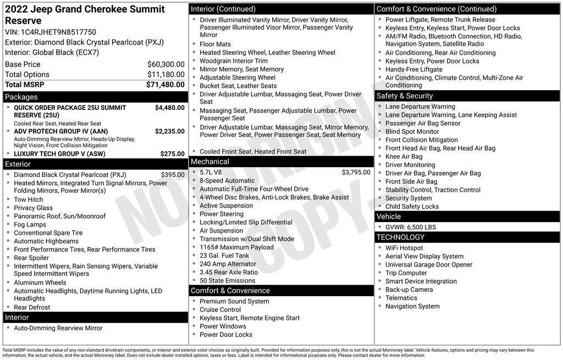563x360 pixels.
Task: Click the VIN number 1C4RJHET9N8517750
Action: [59, 32]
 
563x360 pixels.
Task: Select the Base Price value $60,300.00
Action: [165, 64]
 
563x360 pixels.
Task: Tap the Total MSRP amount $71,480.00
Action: [165, 85]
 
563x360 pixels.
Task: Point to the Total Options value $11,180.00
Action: [165, 75]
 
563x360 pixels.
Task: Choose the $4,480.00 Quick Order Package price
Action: [169, 108]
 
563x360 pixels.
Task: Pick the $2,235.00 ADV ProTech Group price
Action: [169, 131]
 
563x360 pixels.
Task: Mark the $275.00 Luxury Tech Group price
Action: [172, 154]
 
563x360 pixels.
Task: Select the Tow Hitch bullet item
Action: [29, 200]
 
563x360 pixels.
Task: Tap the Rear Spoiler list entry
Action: [31, 258]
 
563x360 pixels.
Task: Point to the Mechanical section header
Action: [209, 162]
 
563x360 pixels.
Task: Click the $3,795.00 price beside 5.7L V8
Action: [356, 172]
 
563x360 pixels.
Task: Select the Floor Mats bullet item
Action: [215, 45]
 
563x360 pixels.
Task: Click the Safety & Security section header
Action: [405, 96]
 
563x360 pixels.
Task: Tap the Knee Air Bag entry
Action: [404, 157]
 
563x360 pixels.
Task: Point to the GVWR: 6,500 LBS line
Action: [410, 227]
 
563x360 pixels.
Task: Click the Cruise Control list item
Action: [220, 309]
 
